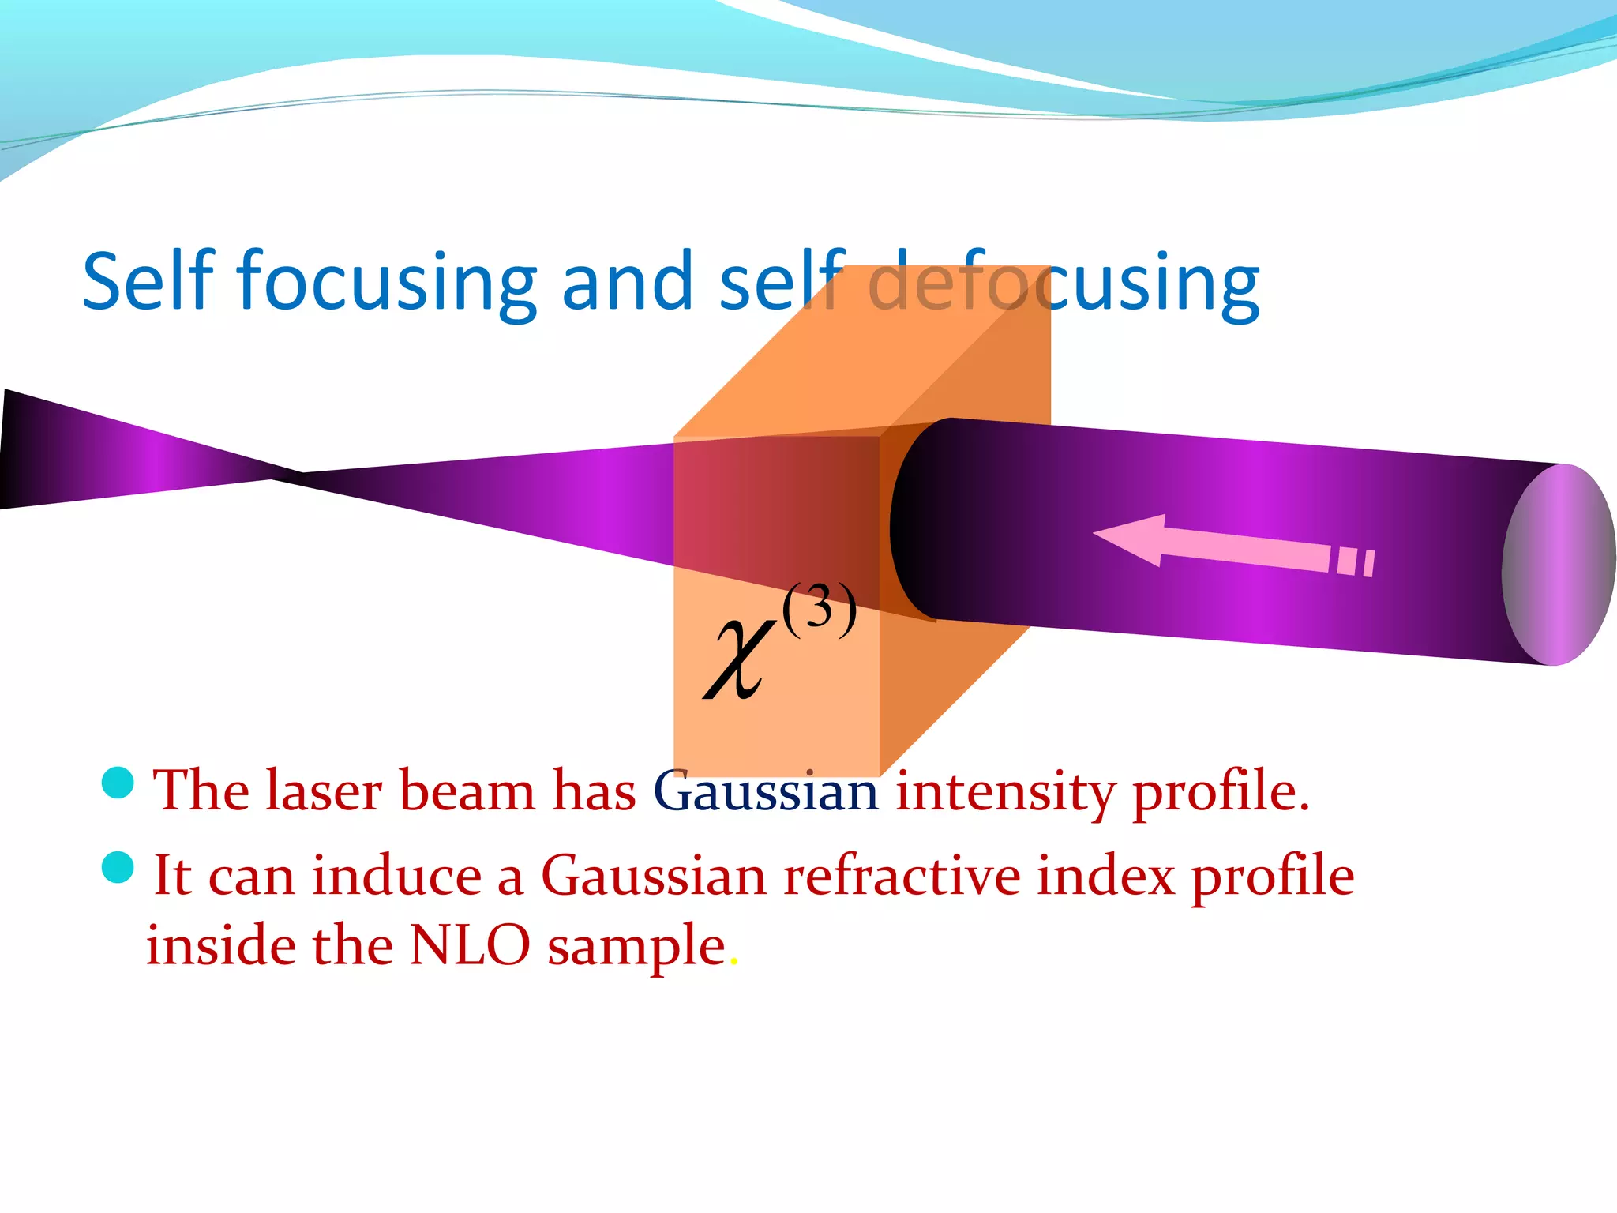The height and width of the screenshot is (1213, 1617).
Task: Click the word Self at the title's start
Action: pos(148,281)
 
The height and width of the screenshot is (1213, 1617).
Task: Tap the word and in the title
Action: pos(628,281)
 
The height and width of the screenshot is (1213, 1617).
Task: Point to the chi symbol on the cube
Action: pos(739,659)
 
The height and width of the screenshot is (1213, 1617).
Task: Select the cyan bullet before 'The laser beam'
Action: pos(118,783)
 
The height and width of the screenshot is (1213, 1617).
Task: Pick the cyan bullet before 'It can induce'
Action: pos(118,868)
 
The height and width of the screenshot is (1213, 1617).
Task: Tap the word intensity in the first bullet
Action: pos(1005,792)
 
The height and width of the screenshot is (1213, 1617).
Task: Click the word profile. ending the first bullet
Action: pos(1221,792)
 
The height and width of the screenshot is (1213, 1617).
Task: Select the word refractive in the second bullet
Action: pos(901,877)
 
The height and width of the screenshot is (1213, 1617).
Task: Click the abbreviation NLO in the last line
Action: pos(470,946)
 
